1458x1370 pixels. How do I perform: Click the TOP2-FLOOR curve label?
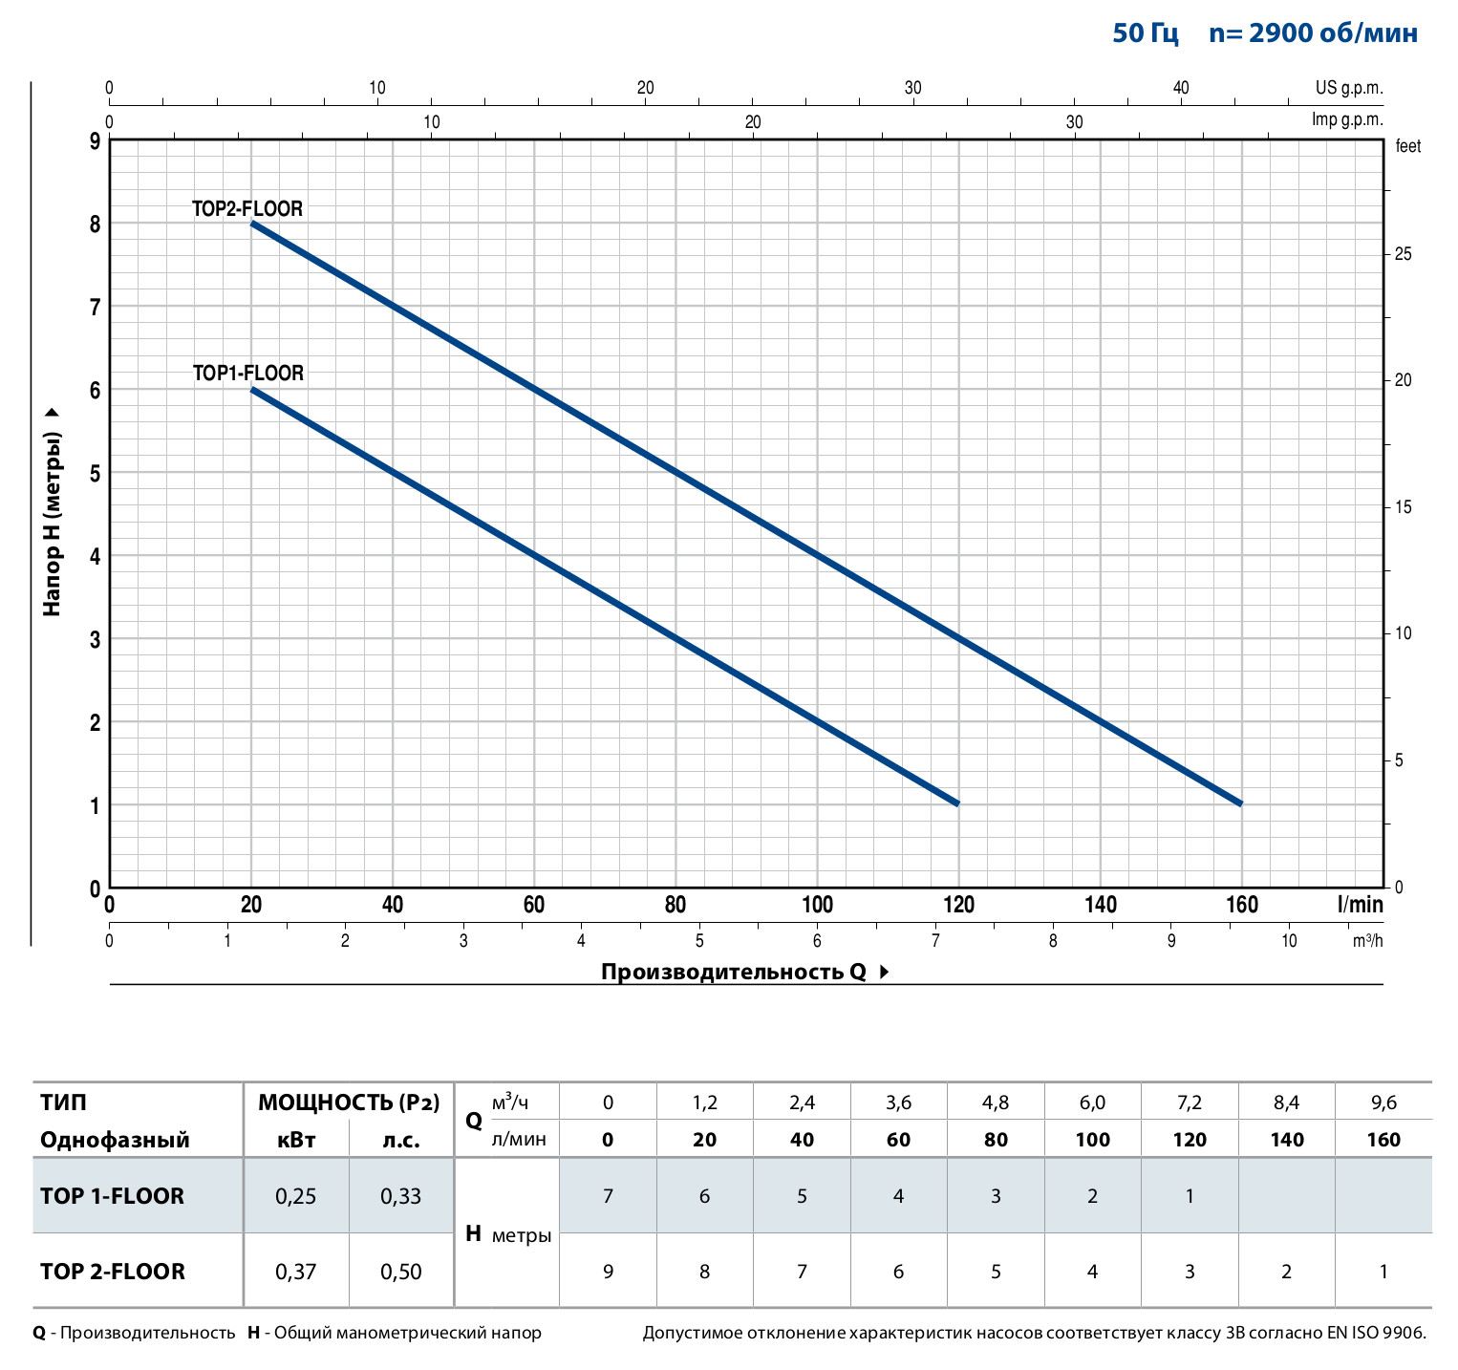tap(247, 208)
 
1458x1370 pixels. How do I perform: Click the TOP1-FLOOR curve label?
tap(248, 373)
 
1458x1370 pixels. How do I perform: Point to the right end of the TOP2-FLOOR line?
tap(1241, 803)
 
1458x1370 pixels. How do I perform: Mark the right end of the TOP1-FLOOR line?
tap(957, 803)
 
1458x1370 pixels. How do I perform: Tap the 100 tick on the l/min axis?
tap(817, 905)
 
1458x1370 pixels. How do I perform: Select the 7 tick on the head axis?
tap(96, 307)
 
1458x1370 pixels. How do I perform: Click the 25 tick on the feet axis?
tap(1403, 254)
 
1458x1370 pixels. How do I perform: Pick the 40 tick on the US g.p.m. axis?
tap(1181, 88)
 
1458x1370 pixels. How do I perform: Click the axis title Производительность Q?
tap(734, 972)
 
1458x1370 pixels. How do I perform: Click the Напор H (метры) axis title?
tap(53, 523)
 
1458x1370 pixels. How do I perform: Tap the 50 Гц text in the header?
tap(1146, 33)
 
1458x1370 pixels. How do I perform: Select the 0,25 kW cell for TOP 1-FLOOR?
tap(295, 1196)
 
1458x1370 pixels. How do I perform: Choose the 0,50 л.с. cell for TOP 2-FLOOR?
tap(400, 1272)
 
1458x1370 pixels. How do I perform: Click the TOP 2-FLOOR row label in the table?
tap(113, 1272)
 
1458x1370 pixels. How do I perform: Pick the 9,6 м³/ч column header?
tap(1383, 1102)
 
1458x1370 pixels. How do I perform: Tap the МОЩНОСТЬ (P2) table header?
tap(349, 1102)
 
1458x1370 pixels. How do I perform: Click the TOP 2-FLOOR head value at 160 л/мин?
tap(1383, 1272)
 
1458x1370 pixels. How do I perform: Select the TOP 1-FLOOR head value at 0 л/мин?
tap(608, 1196)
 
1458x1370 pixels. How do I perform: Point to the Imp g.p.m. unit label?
tap(1347, 119)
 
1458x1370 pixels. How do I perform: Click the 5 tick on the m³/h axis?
tap(699, 941)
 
